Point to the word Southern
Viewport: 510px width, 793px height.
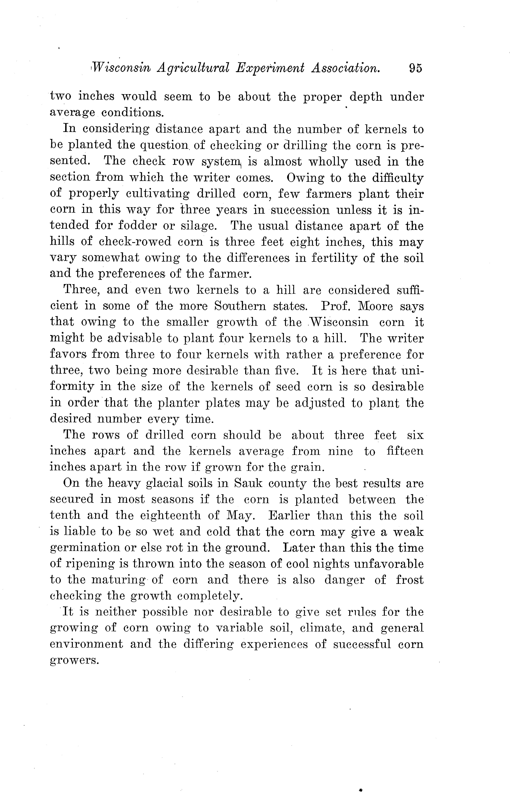[240, 306]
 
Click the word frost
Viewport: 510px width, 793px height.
[410, 580]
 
